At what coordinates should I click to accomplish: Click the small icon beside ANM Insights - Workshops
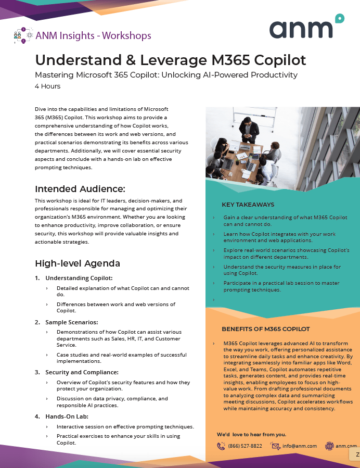pos(21,36)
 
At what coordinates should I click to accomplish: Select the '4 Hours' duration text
pos(47,86)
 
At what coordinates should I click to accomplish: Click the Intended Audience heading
pos(80,188)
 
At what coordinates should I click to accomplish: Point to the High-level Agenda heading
pos(77,263)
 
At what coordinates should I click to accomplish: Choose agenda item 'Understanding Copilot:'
pos(79,278)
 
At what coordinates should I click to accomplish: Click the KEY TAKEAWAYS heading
pos(248,205)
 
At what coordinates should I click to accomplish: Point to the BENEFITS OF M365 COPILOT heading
pos(265,329)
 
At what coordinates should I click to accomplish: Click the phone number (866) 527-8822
pos(245,446)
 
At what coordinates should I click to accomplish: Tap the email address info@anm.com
pos(299,446)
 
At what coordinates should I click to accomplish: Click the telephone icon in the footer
pos(221,446)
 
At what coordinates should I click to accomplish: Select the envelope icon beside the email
pos(275,446)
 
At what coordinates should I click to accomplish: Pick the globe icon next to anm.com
pos(329,446)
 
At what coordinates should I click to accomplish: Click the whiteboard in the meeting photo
pos(254,121)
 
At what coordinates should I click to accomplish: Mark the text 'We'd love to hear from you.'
pos(251,434)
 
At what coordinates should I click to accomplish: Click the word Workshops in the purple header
pos(126,36)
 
